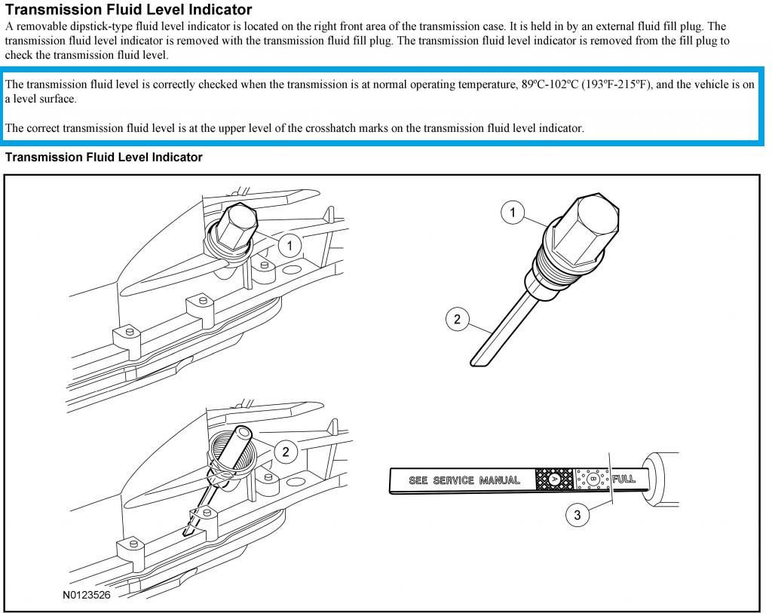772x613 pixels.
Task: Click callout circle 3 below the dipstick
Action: coord(577,515)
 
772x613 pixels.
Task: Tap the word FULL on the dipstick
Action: coord(623,479)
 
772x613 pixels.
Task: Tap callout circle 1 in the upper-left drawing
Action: coord(289,245)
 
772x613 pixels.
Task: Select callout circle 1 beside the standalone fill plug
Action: coord(513,213)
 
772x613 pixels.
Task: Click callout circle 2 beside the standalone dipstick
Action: coord(457,319)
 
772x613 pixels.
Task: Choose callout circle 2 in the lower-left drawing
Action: coord(286,452)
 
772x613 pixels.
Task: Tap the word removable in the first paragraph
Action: coord(40,26)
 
